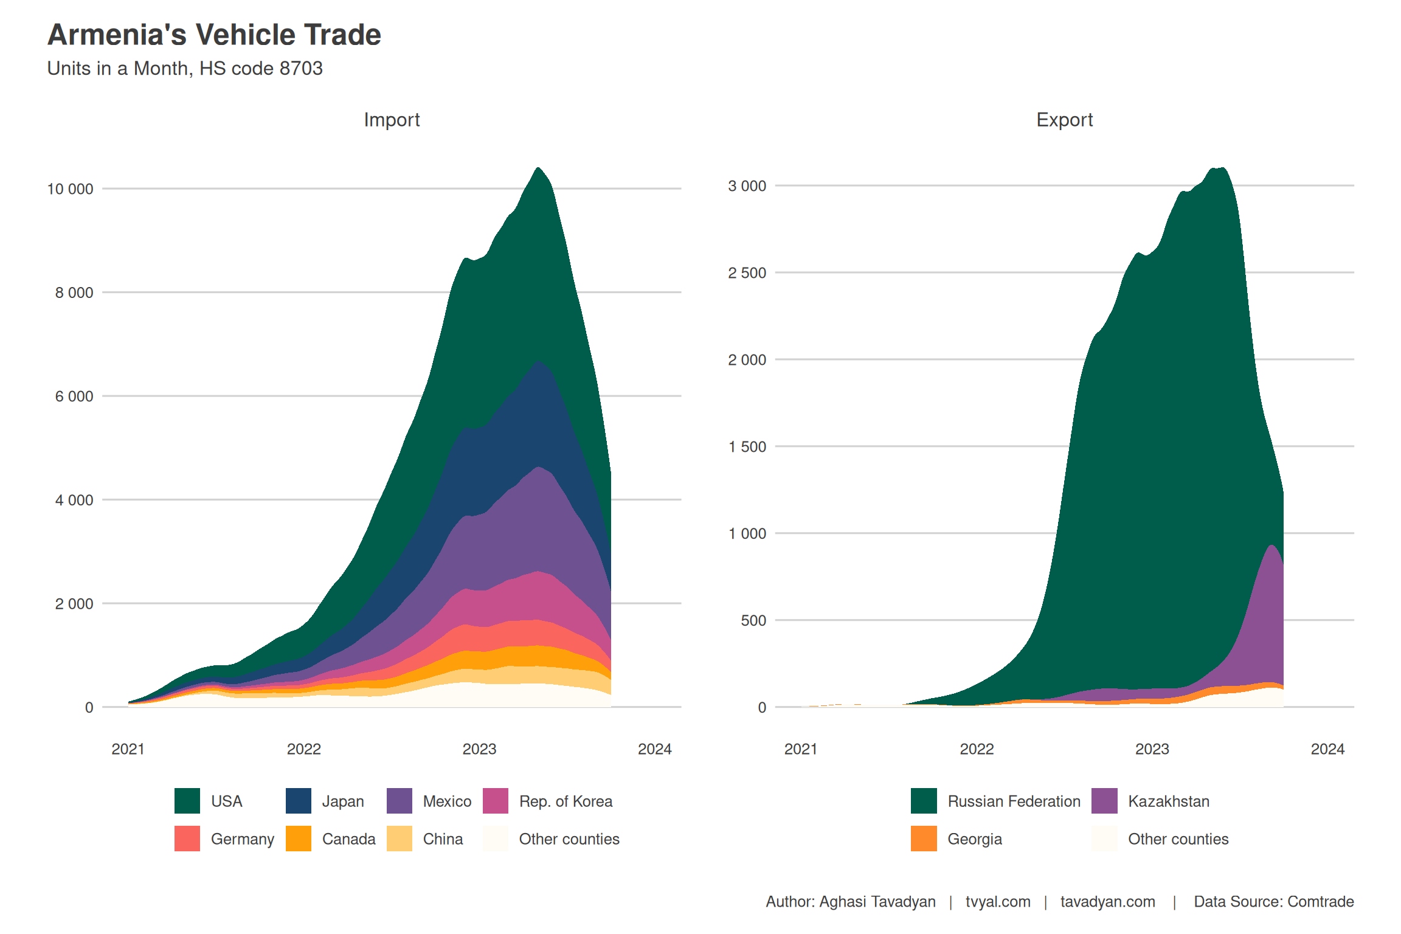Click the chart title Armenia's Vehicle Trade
coord(214,35)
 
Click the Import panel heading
coord(392,120)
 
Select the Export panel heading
coord(1064,120)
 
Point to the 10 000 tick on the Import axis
coord(70,189)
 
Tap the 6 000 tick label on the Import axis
coord(74,396)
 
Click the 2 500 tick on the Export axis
coord(747,273)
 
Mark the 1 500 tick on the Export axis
coord(747,447)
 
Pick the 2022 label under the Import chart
coord(303,749)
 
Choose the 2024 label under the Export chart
coord(1327,749)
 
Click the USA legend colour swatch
coord(187,801)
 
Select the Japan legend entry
coord(342,801)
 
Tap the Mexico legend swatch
coord(400,801)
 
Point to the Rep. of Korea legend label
coord(566,801)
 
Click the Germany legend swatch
coord(187,839)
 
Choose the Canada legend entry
coord(348,839)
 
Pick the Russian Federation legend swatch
coord(924,801)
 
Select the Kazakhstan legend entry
coord(1168,801)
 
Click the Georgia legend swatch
coord(924,839)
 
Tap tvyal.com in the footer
coord(998,902)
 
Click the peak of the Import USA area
coord(538,168)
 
